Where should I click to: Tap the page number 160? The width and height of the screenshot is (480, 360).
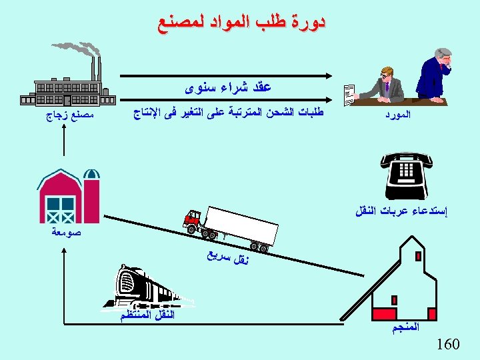[448, 345]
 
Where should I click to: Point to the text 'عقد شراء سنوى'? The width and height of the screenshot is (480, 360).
[228, 87]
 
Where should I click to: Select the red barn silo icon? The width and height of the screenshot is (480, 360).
[68, 195]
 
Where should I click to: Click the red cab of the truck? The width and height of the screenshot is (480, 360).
[193, 219]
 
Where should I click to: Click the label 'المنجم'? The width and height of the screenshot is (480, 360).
[407, 328]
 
